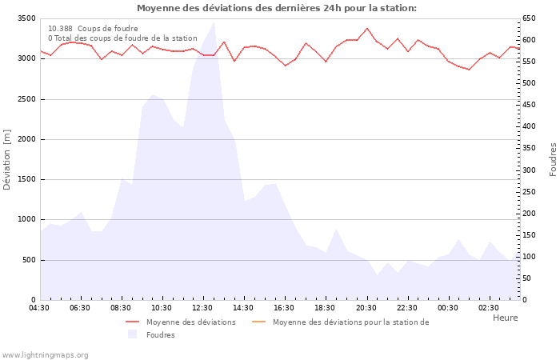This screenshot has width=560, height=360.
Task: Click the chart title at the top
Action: (x=276, y=8)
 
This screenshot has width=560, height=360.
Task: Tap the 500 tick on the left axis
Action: (x=28, y=260)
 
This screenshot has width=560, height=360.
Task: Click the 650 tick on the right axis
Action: (x=530, y=18)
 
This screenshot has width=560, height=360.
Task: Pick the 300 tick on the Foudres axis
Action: (x=530, y=170)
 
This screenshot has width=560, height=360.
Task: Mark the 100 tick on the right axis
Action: (x=530, y=257)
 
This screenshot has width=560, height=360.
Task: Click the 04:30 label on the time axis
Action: (x=40, y=308)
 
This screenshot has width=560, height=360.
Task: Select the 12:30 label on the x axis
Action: (x=203, y=308)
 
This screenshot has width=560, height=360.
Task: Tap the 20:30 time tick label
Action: (x=366, y=308)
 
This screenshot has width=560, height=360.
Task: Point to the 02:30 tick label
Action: (x=489, y=308)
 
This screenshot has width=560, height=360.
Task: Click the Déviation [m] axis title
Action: (x=7, y=159)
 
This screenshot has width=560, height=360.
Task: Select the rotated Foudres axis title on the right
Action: (x=553, y=159)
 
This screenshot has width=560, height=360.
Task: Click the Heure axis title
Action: (x=505, y=318)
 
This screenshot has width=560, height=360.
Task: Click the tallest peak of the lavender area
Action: (x=214, y=23)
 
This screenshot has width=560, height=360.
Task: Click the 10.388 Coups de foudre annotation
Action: (x=93, y=28)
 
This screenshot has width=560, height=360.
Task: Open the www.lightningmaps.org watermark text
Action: (x=45, y=354)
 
